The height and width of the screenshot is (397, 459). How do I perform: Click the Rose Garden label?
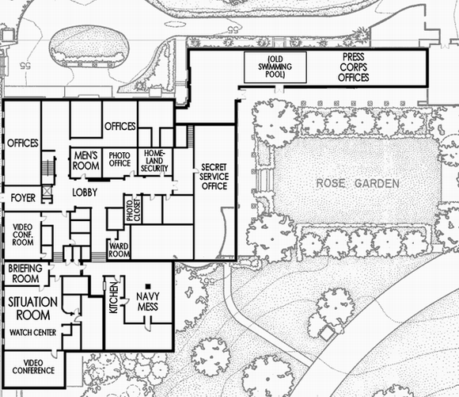point(358,183)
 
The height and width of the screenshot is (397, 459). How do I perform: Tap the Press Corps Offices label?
point(353,68)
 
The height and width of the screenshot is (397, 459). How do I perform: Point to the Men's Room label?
point(85,159)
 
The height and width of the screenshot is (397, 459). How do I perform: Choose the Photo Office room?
point(119,159)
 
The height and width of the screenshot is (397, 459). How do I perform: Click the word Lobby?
point(85,193)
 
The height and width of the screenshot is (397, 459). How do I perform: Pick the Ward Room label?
point(118,250)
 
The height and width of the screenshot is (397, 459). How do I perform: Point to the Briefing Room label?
point(25,274)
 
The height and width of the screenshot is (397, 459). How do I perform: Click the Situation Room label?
point(32,308)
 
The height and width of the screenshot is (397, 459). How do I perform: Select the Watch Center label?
point(32,332)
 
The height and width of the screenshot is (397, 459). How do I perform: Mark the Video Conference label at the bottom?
point(32,365)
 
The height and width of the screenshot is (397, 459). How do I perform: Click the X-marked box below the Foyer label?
point(48,192)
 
